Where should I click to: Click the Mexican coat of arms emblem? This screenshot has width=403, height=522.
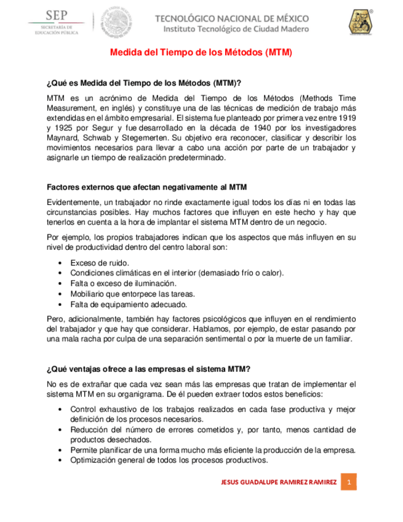113,21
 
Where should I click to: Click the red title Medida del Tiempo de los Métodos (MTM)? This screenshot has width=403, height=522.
201,53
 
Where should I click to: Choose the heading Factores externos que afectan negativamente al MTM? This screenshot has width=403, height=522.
147,187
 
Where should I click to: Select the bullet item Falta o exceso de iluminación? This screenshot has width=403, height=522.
123,284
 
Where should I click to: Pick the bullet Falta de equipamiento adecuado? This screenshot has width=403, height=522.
129,304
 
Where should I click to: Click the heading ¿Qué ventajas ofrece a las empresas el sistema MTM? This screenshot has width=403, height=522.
148,369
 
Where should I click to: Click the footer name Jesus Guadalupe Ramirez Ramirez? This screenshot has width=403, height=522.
278,482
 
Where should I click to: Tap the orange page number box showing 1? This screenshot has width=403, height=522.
349,482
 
